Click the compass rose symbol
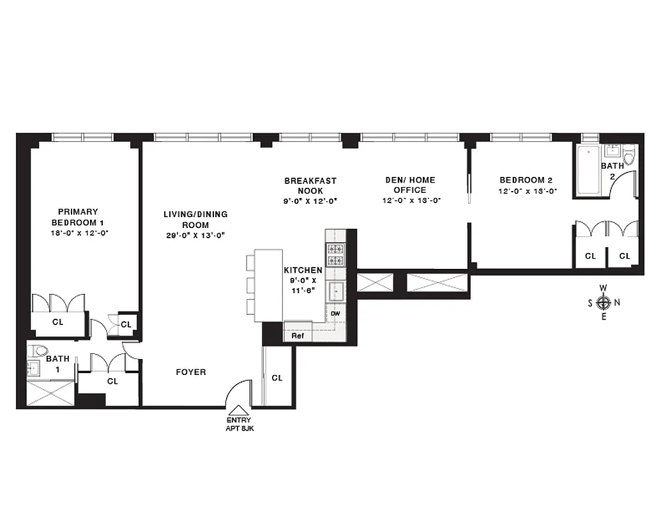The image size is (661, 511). (x=604, y=302)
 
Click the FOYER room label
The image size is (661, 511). (x=191, y=372)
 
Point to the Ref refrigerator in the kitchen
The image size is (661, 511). (x=298, y=335)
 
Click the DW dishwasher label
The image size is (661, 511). (x=335, y=314)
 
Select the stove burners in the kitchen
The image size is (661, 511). (x=335, y=255)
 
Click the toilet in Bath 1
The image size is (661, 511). (x=40, y=350)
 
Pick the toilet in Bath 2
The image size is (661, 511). (x=628, y=155)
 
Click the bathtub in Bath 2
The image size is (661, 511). (x=588, y=169)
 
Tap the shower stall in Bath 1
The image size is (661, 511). (x=51, y=393)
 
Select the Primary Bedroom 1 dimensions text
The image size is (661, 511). (x=78, y=233)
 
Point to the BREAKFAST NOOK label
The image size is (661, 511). (x=310, y=186)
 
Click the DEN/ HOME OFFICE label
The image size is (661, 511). (x=410, y=185)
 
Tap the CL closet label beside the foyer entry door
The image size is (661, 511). (x=277, y=378)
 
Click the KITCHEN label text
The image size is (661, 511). (x=303, y=271)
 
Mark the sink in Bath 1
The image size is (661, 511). (x=33, y=369)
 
